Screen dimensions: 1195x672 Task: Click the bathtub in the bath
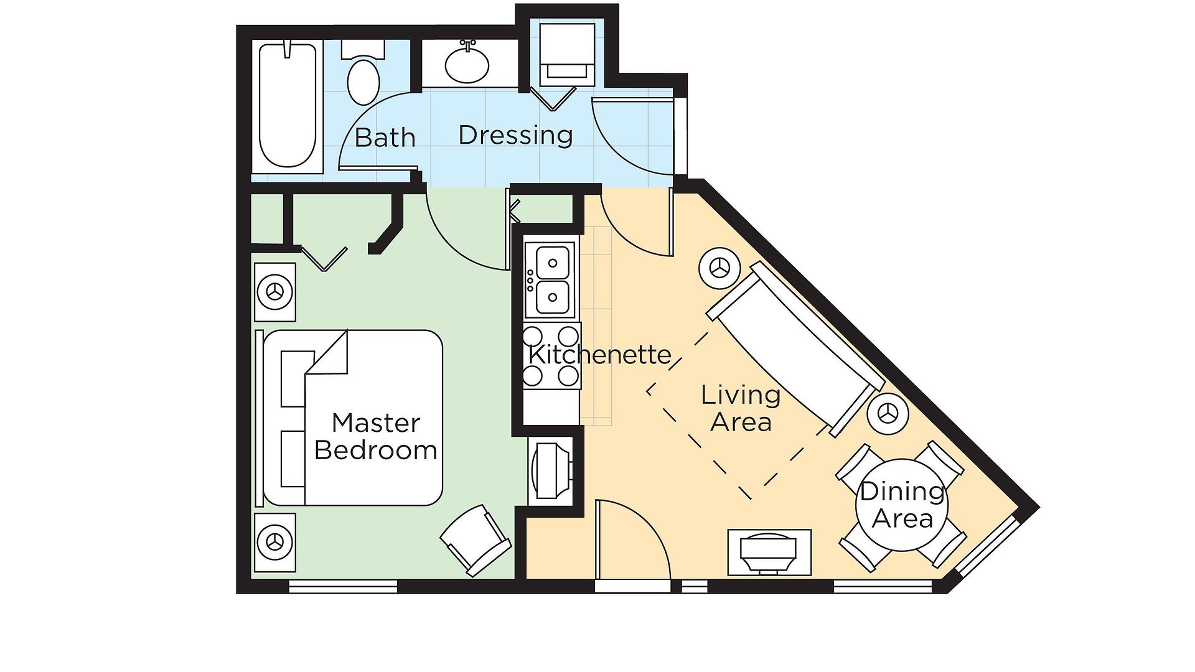[288, 106]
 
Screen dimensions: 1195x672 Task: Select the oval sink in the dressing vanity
[467, 65]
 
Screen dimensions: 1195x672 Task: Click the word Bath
[385, 138]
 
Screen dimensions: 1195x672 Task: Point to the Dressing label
[515, 135]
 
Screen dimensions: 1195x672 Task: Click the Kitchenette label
[600, 355]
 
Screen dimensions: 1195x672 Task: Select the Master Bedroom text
[375, 436]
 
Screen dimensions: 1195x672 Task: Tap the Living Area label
[741, 408]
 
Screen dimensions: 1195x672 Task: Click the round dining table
[902, 505]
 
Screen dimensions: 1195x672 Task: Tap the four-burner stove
[551, 356]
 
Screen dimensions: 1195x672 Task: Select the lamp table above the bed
[274, 291]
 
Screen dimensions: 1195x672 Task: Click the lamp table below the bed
[274, 542]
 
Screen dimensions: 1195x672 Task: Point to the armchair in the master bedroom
[476, 539]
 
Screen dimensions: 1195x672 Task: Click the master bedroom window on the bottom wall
[343, 586]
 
